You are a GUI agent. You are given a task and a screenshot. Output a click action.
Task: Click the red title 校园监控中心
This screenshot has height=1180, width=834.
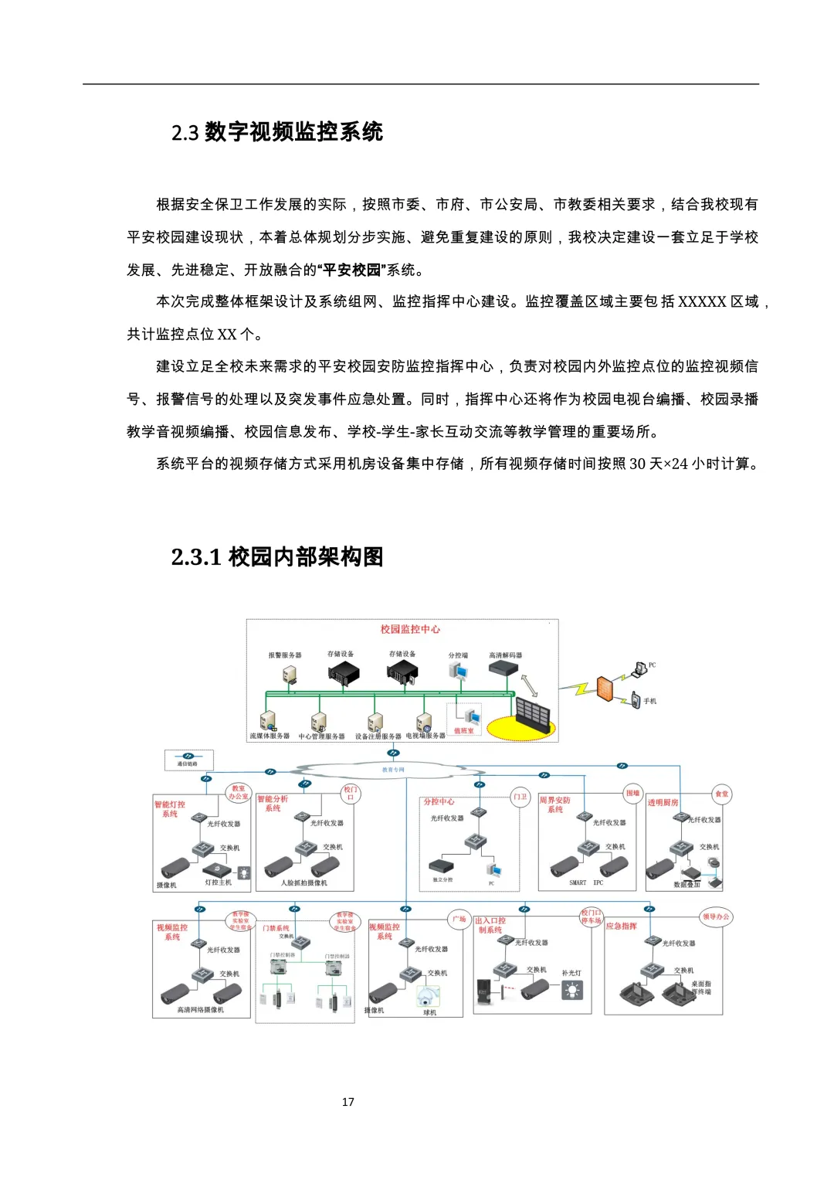point(410,629)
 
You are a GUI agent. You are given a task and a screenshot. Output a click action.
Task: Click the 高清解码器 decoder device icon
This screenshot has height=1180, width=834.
point(502,668)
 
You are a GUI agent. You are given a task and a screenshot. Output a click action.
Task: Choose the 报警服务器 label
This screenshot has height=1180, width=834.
point(285,655)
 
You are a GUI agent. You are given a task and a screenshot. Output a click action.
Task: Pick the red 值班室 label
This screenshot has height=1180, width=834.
point(463,730)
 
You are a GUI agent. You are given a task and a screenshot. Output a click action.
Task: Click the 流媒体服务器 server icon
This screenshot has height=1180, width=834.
point(267,721)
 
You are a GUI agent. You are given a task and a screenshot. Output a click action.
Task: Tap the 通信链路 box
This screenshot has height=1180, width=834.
point(188,760)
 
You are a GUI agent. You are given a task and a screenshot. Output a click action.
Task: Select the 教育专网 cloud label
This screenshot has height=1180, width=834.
point(393,770)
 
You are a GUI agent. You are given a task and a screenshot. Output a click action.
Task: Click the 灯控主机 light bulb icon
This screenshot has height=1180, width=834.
point(244,873)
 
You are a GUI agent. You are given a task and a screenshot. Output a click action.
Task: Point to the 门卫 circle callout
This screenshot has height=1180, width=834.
point(520,797)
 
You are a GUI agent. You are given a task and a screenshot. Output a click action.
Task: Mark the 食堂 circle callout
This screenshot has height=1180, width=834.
point(721,794)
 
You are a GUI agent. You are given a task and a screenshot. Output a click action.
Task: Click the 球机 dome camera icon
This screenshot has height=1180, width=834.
point(427,996)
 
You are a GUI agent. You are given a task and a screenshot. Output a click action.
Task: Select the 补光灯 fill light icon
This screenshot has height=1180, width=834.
point(572,990)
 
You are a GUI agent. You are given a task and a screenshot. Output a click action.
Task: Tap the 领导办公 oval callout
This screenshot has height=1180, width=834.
point(716,917)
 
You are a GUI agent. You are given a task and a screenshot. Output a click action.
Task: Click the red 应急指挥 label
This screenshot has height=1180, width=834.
point(621,926)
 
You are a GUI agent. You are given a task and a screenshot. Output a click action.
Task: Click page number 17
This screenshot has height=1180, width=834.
point(348,1102)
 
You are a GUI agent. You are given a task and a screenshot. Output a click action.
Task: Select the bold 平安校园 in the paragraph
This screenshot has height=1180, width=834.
point(352,270)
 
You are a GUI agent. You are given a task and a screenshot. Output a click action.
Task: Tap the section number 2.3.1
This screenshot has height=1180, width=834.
point(196,557)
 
